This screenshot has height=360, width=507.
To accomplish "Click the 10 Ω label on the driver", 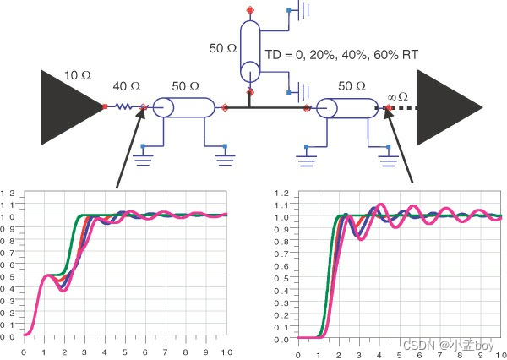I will click(79, 76).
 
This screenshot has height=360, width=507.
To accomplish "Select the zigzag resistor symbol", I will click(123, 107).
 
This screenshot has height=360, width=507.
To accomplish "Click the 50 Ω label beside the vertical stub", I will click(223, 49).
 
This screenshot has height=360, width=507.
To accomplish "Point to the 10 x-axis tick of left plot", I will click(225, 352).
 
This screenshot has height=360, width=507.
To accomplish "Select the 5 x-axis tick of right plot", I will click(401, 352).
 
